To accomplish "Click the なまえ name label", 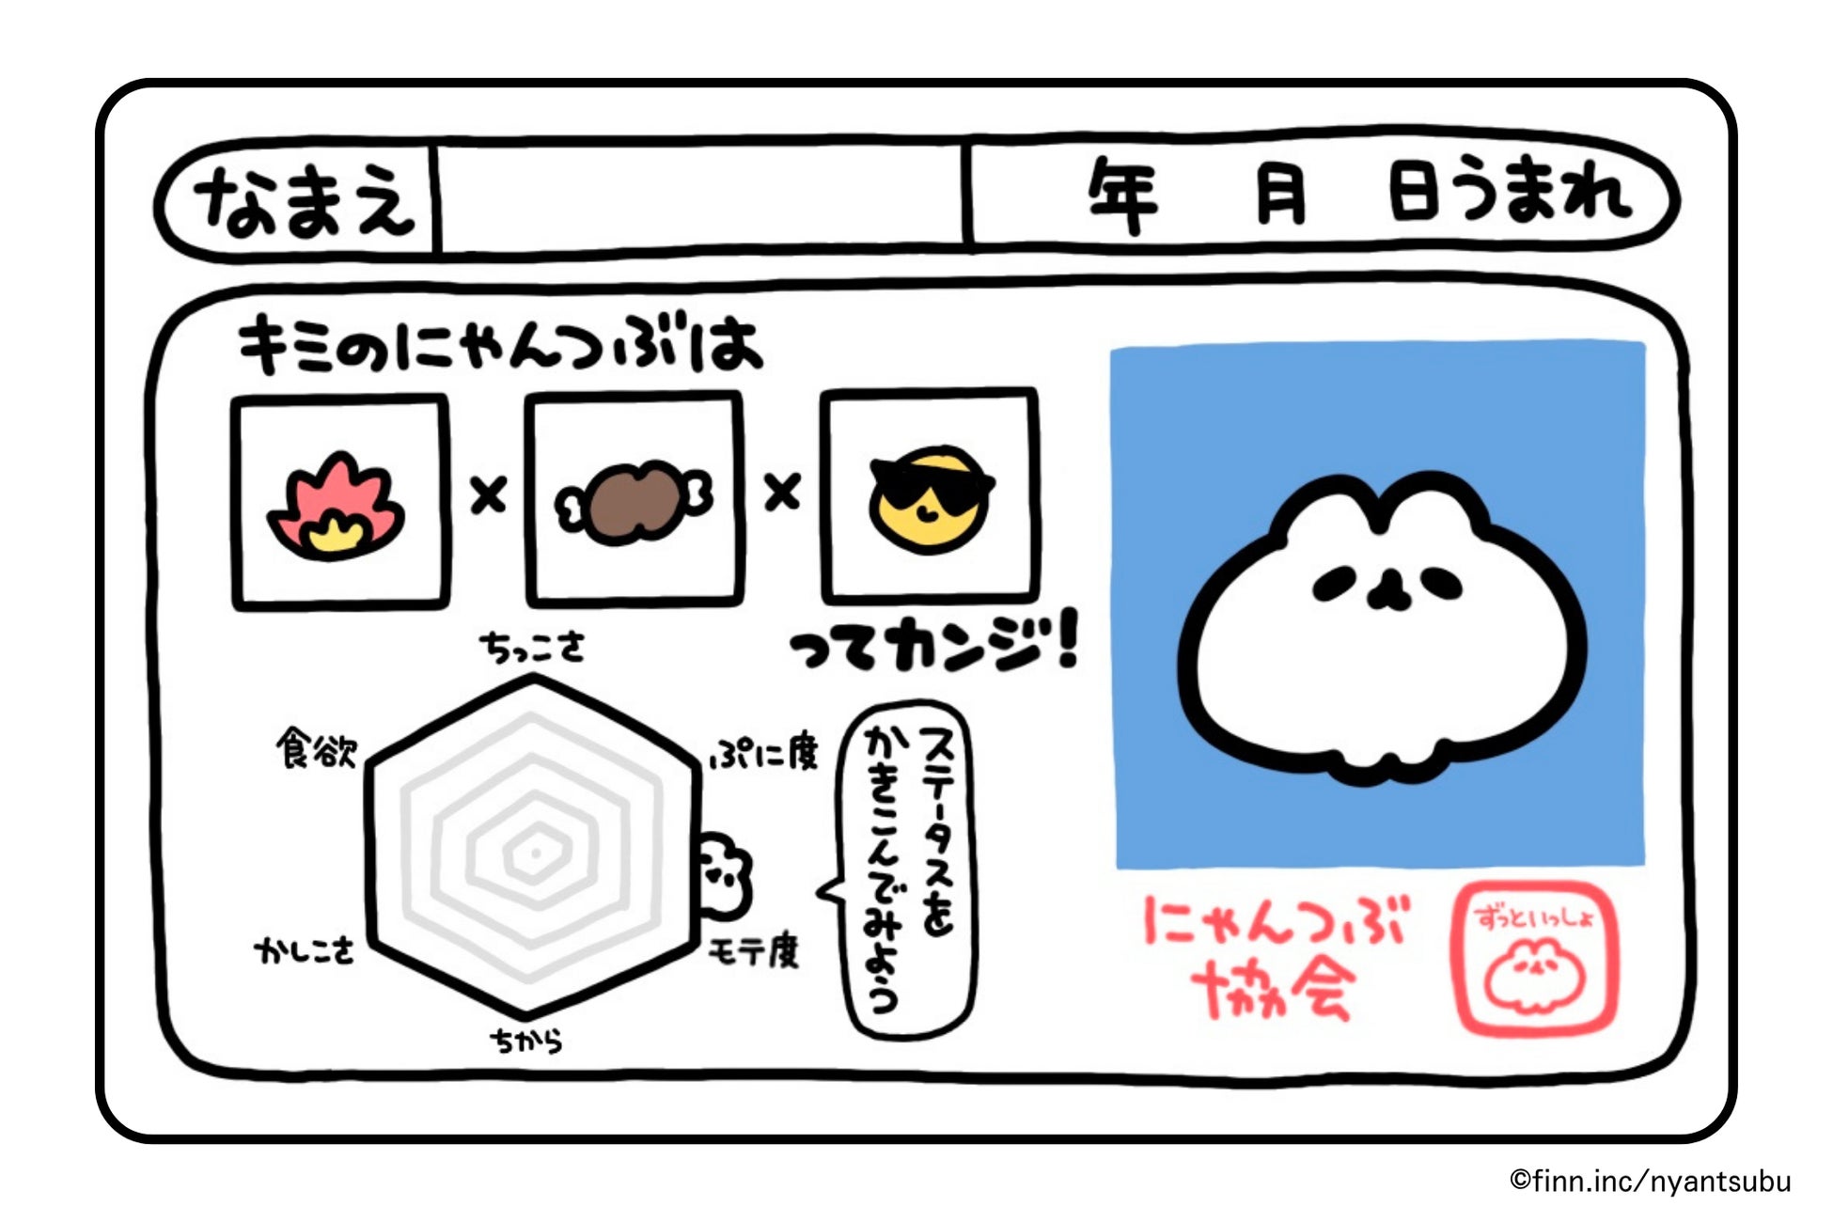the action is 303,199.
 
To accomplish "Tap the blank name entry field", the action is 700,197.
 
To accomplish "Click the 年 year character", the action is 1122,196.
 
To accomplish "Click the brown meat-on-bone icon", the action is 634,502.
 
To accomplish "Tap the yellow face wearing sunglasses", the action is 931,498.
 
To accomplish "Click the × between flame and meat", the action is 488,494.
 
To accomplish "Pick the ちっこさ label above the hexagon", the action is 532,647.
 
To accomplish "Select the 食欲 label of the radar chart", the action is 317,749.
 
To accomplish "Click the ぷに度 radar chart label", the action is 764,752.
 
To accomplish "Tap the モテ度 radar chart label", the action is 754,951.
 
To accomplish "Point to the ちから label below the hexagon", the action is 525,1041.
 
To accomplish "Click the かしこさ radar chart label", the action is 305,951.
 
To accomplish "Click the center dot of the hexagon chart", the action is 535,853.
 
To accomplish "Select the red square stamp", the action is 1535,959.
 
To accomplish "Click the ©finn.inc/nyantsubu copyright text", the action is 1650,1181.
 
